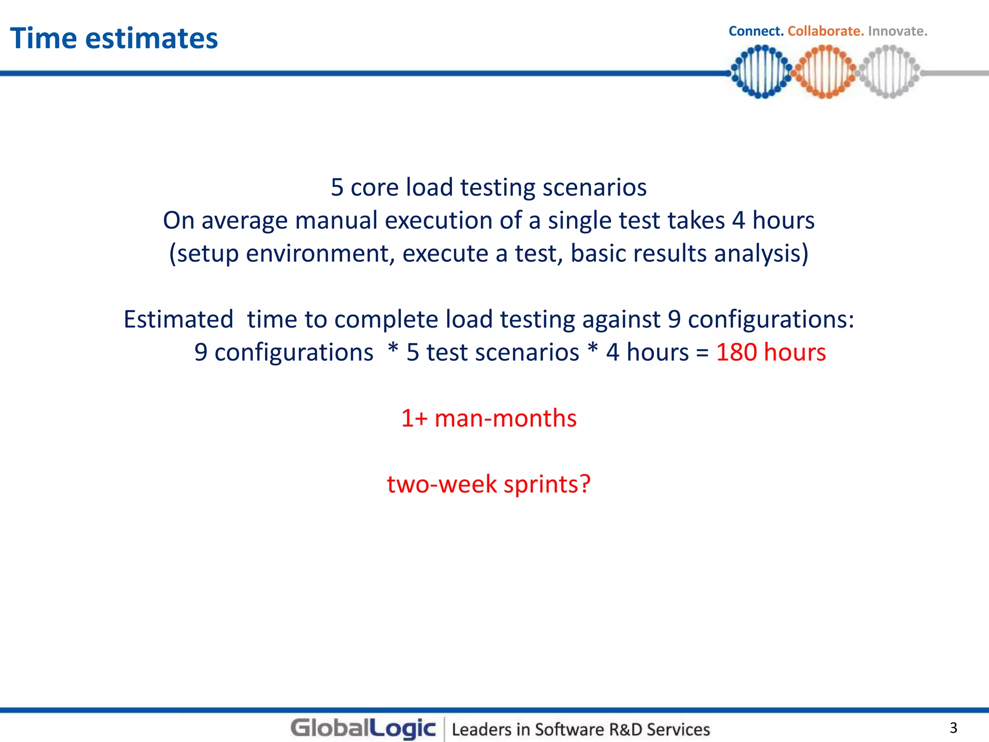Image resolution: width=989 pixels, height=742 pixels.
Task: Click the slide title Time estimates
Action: tap(114, 38)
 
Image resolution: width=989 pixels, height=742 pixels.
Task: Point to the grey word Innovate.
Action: tap(898, 31)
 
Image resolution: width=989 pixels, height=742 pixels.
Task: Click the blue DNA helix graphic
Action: tap(761, 71)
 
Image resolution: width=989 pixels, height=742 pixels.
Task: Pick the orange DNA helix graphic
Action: tap(825, 71)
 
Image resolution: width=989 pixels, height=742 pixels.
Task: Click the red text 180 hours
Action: tap(771, 352)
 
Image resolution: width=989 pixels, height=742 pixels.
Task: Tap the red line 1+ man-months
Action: tap(489, 418)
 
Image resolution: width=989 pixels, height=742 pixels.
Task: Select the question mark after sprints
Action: tap(585, 484)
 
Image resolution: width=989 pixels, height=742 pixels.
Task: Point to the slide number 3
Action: tap(953, 728)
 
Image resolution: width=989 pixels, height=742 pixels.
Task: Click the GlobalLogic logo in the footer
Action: tap(363, 728)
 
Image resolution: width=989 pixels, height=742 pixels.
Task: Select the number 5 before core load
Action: tap(337, 187)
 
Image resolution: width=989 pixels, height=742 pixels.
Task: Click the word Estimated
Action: tap(178, 319)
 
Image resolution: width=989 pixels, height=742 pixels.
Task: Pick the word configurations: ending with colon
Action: tap(771, 319)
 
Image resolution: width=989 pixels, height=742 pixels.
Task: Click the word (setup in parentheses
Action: tap(204, 254)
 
